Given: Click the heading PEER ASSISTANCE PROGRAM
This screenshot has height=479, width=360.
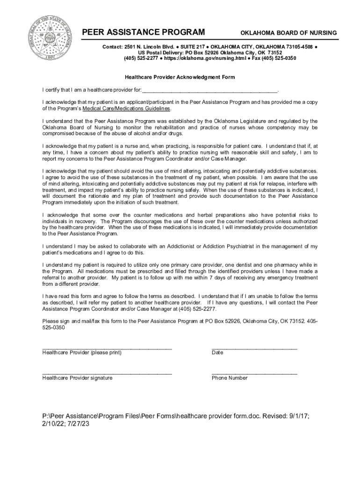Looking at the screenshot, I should click(144, 32).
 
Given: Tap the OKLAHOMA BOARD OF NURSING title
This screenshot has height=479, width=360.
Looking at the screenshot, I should click(288, 33).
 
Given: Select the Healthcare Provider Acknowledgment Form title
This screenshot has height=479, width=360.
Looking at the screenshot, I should click(180, 77).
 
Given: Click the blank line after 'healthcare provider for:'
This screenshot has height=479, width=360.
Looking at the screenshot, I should click(210, 89).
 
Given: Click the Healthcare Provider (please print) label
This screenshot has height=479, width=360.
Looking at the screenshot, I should click(82, 352).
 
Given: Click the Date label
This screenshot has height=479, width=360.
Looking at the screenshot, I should click(217, 352).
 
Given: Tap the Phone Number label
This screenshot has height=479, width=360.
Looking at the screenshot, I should click(230, 377).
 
